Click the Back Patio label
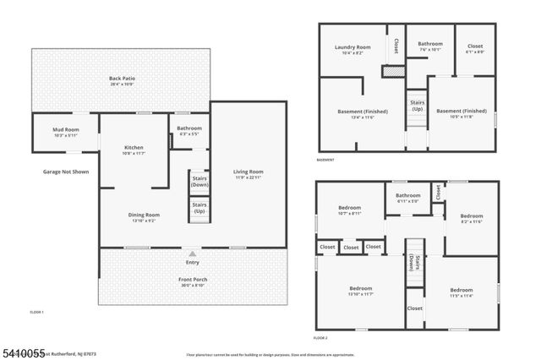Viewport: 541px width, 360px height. [123, 81]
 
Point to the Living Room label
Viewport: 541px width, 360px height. [249, 175]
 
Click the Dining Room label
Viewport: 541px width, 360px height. [144, 217]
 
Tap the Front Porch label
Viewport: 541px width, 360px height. [194, 282]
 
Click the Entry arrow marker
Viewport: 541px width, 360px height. [193, 254]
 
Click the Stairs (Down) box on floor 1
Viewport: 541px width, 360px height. [199, 183]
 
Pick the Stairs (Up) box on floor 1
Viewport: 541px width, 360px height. [199, 207]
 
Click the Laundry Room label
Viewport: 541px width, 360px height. [352, 49]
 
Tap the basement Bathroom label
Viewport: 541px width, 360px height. [429, 46]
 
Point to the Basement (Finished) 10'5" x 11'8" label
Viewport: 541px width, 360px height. [462, 114]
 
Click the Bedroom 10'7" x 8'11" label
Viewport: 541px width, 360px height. [350, 210]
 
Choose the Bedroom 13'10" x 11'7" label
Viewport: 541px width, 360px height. [361, 291]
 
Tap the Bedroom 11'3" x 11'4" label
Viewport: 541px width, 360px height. [461, 293]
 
